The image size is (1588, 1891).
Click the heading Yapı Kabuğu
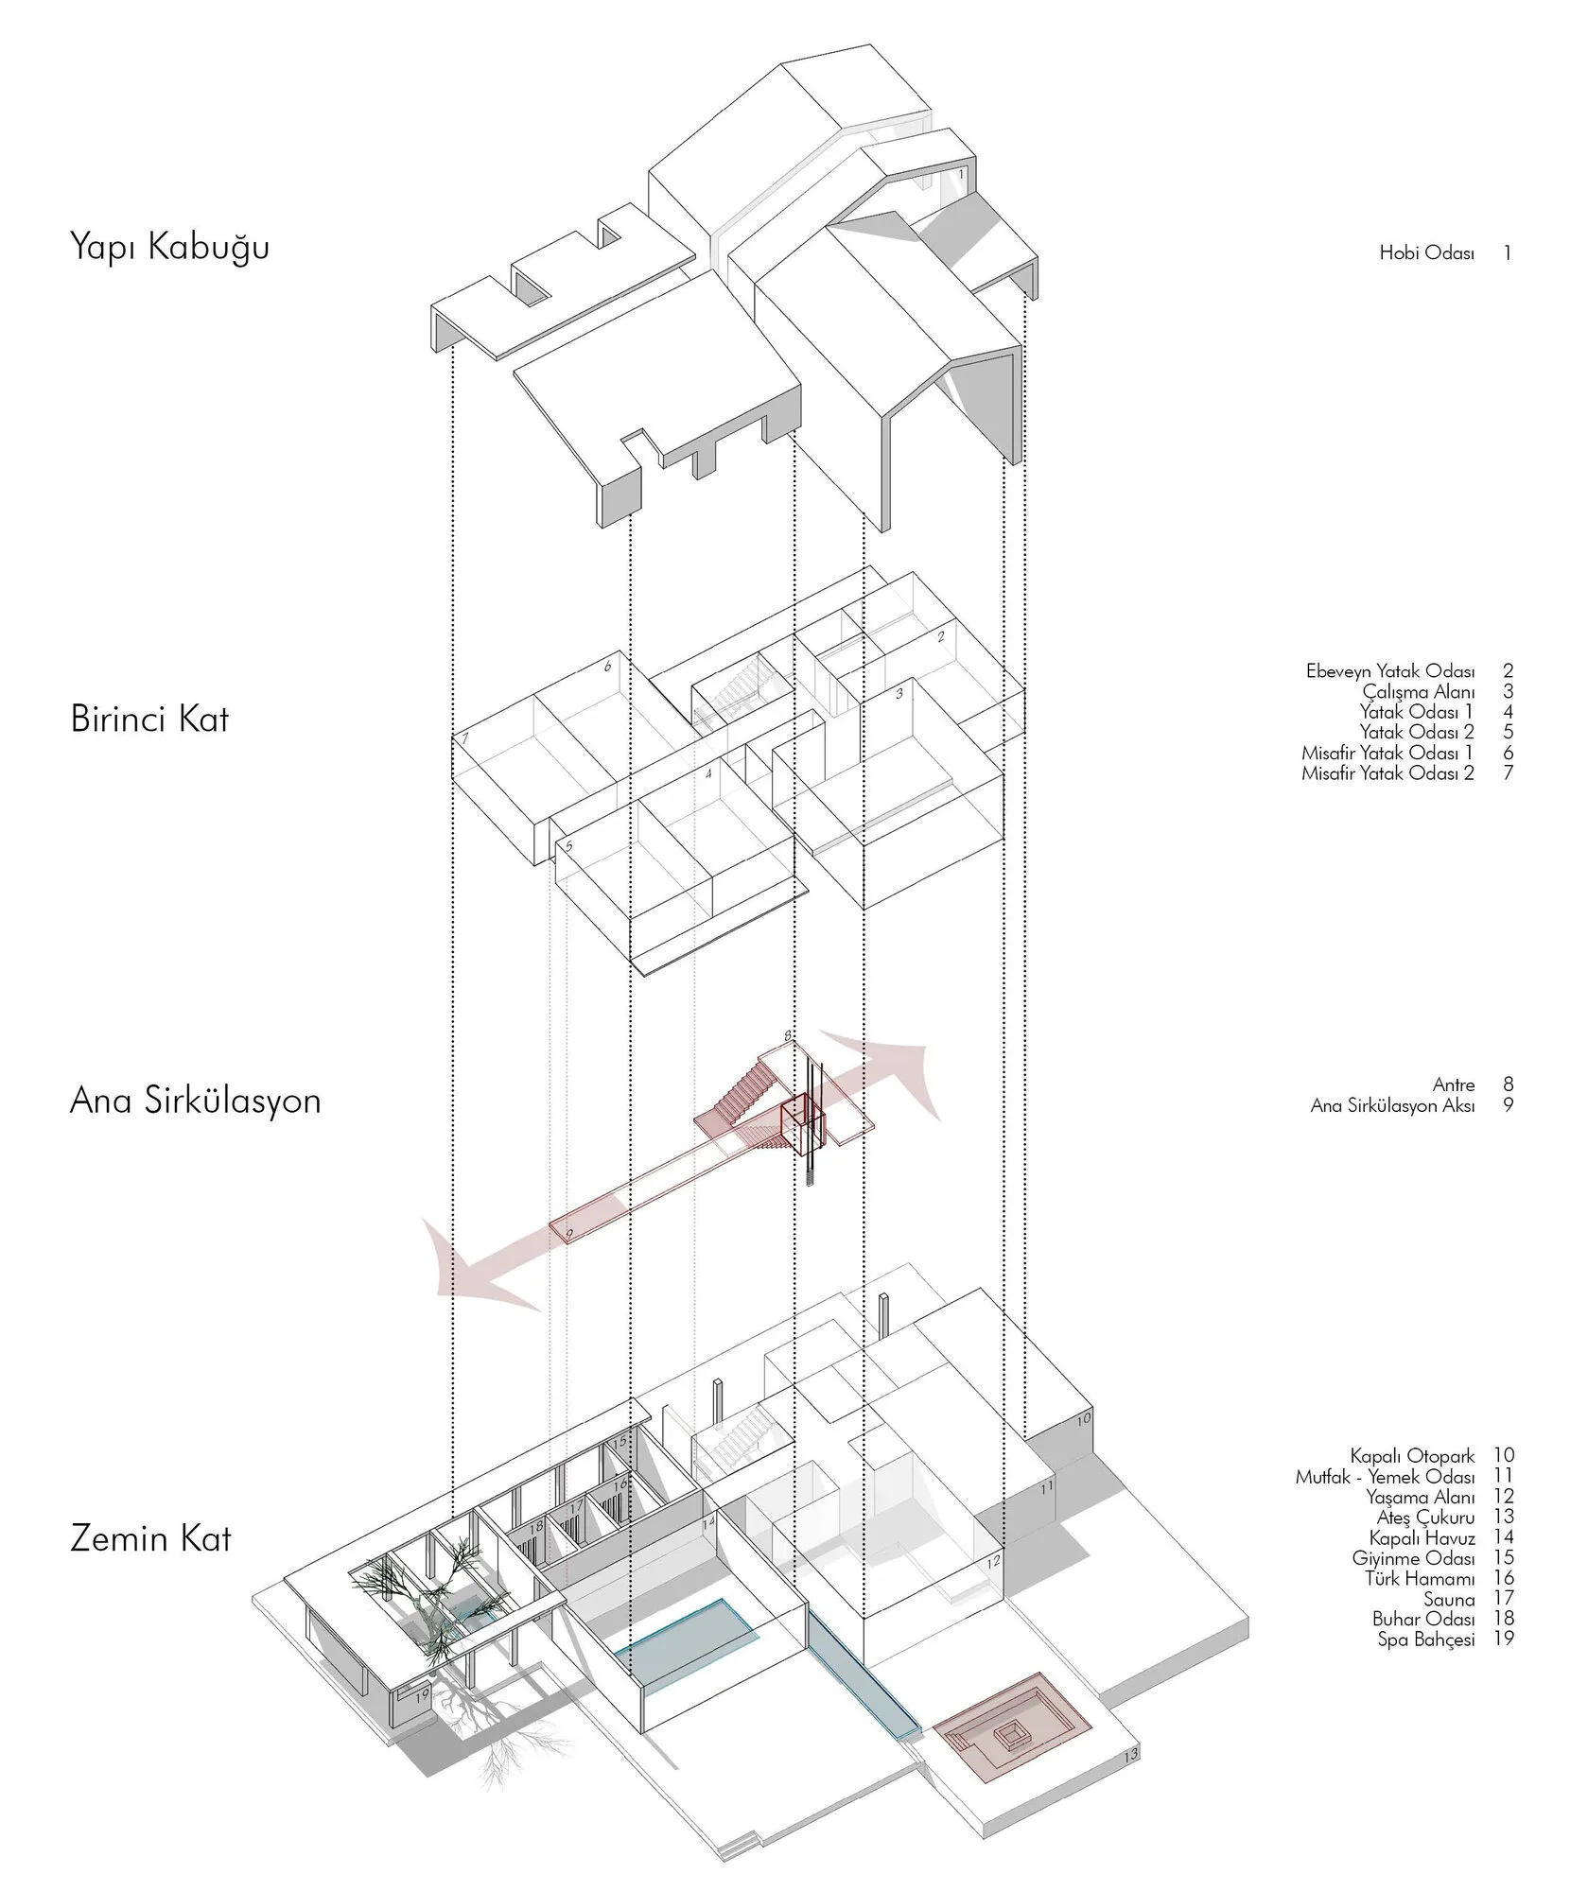[x=170, y=249]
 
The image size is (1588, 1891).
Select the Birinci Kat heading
[x=149, y=720]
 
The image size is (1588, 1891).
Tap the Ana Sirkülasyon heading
[x=196, y=1102]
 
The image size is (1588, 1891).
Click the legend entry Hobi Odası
[x=1427, y=253]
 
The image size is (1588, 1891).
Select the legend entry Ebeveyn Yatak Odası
[x=1390, y=672]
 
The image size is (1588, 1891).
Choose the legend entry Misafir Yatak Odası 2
[x=1388, y=773]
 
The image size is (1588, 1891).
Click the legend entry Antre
[x=1454, y=1084]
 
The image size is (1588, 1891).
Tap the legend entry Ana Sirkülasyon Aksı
[x=1393, y=1105]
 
